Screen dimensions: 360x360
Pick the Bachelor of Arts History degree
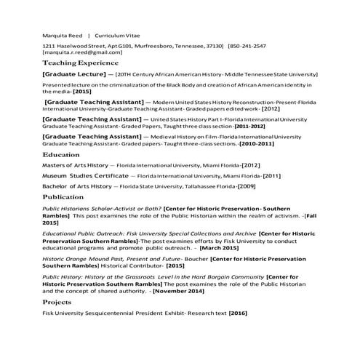click(x=75, y=186)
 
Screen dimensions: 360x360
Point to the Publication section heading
click(x=63, y=197)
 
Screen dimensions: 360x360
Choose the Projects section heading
click(x=57, y=301)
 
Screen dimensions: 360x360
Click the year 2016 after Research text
click(x=238, y=313)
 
